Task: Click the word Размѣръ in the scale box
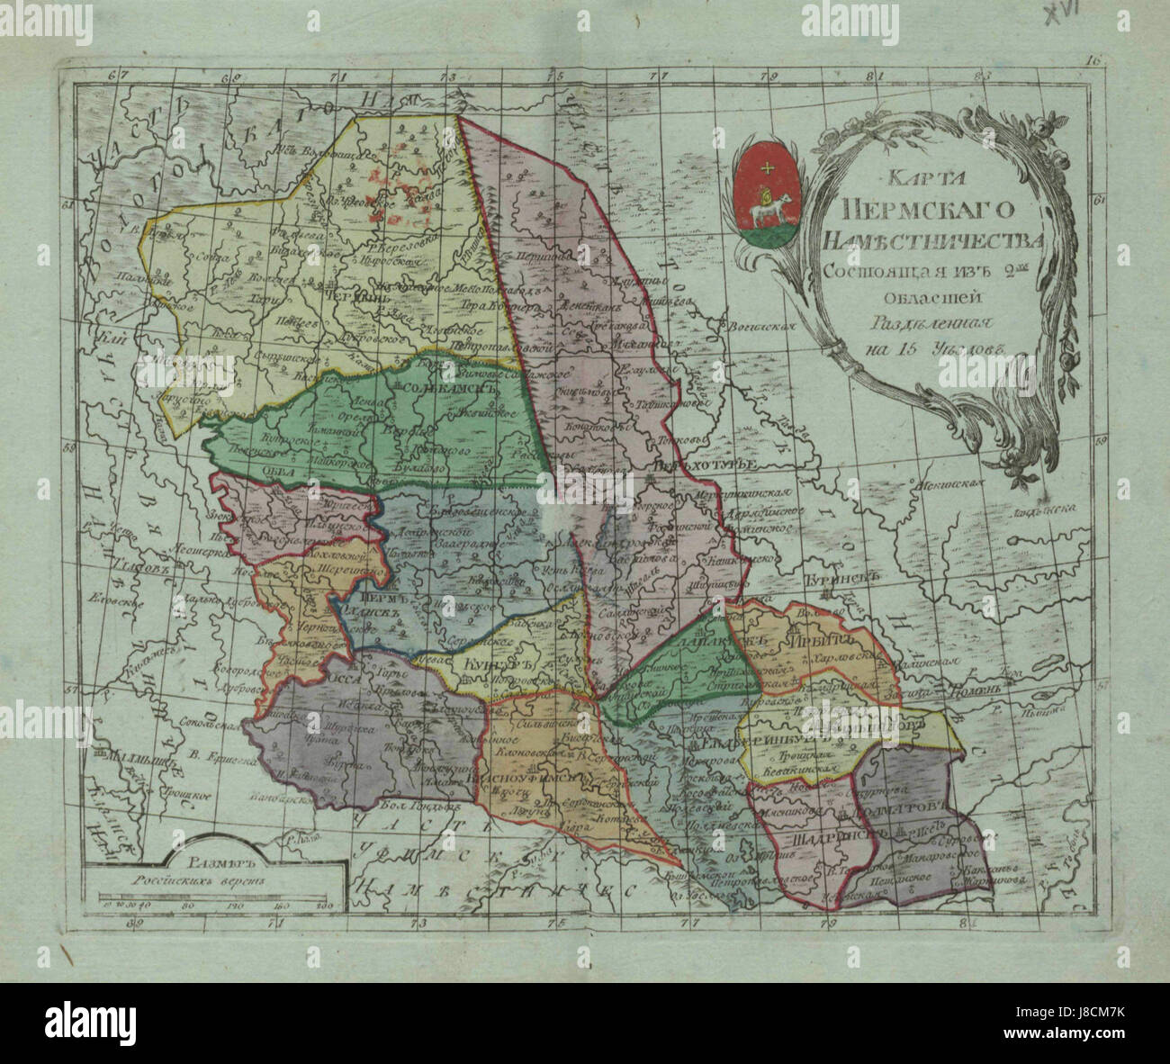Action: pyautogui.click(x=199, y=865)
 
